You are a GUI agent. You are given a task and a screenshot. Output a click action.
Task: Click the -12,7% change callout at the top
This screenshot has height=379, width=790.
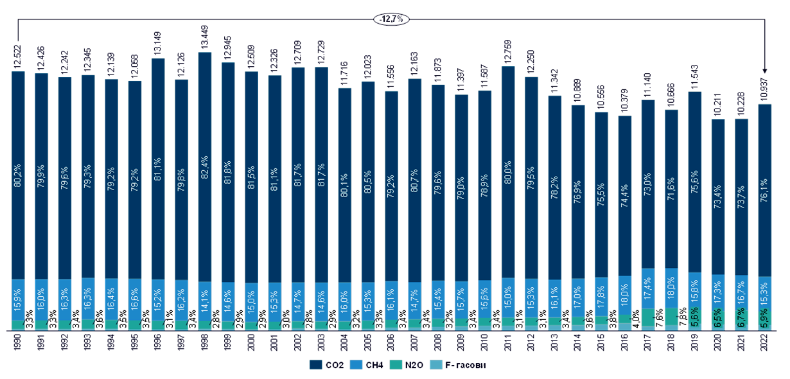(x=391, y=19)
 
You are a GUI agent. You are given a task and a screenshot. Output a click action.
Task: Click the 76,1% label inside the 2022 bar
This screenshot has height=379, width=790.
(x=765, y=193)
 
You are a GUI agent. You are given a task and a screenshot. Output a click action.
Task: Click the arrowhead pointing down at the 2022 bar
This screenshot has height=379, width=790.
(x=765, y=71)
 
